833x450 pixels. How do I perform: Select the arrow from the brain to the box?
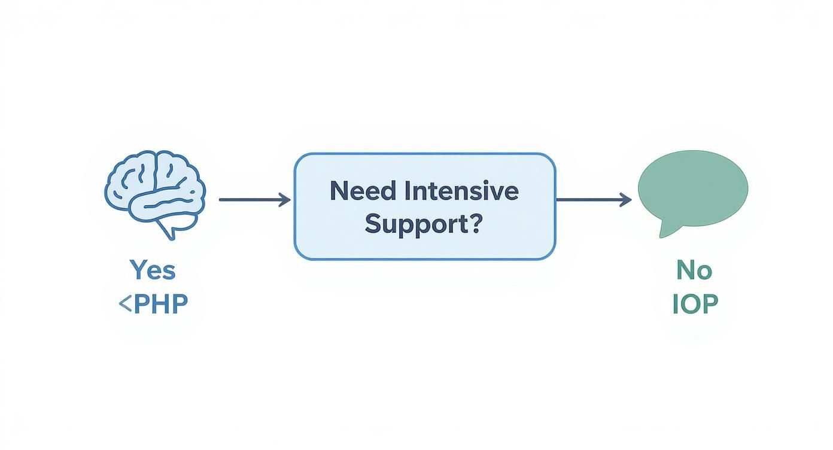pos(254,200)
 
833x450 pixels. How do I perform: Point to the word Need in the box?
pos(363,191)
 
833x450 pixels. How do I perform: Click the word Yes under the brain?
pos(153,270)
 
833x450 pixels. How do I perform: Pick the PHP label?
pos(160,304)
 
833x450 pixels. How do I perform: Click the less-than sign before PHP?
pos(125,305)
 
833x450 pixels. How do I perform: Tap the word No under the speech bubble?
pos(694,270)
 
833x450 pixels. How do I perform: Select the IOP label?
pos(695,304)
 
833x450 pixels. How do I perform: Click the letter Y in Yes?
pos(138,270)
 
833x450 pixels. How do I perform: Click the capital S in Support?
pos(373,224)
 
